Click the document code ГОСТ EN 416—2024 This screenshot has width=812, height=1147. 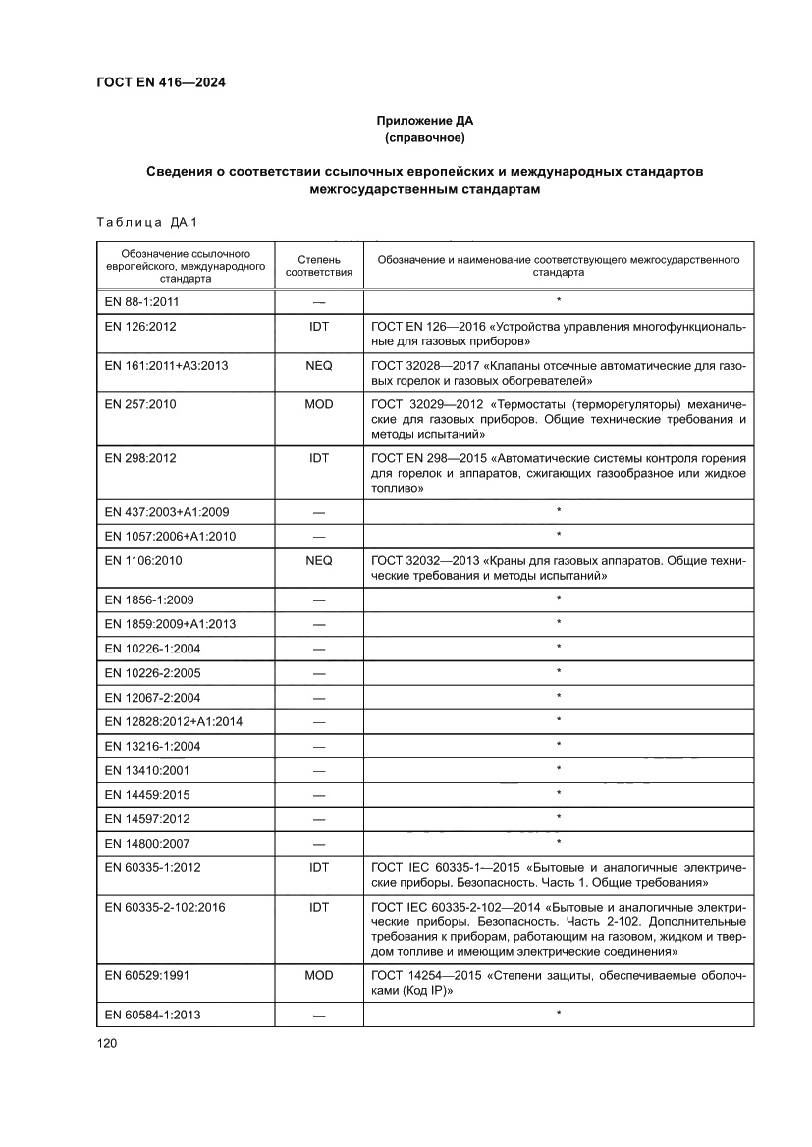pos(160,83)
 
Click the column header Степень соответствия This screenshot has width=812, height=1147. pos(318,266)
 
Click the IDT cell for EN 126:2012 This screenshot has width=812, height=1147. pos(318,326)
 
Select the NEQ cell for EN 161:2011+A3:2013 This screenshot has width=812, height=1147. pos(318,365)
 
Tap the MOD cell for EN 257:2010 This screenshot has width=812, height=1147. pos(318,404)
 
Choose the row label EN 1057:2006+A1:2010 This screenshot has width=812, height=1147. pos(170,536)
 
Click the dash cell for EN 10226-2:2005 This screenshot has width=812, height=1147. pos(318,672)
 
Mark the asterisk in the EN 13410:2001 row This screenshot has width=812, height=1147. pos(558,769)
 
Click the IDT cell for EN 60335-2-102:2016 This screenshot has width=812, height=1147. pos(318,908)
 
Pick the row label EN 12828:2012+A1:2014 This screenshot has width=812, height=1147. pos(173,722)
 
